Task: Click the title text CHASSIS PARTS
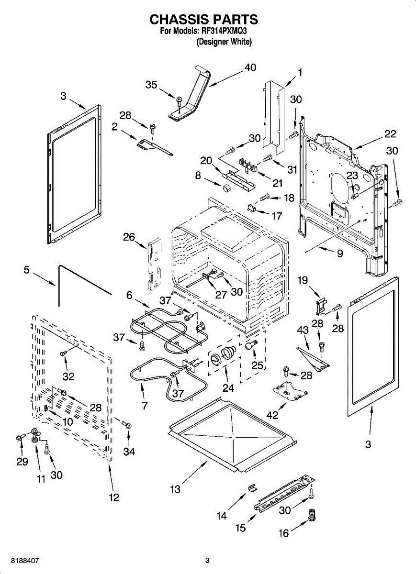click(x=203, y=19)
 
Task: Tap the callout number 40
click(x=250, y=67)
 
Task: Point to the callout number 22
click(x=390, y=134)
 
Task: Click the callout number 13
click(x=175, y=489)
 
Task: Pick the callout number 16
click(x=284, y=533)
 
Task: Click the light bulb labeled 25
click(x=251, y=345)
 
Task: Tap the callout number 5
click(x=27, y=270)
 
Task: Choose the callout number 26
click(x=129, y=237)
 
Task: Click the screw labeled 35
click(x=179, y=101)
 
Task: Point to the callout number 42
click(x=272, y=415)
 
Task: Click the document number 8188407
click(x=25, y=559)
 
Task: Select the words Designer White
click(x=224, y=42)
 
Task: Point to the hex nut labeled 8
click(x=226, y=188)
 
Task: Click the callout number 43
click(x=303, y=331)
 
